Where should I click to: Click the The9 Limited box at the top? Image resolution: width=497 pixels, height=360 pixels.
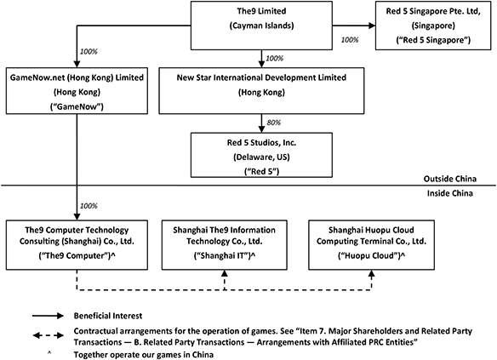pyautogui.click(x=261, y=26)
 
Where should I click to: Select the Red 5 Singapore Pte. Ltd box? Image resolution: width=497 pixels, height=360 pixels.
pyautogui.click(x=433, y=26)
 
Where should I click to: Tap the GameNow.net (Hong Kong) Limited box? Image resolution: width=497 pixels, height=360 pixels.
pyautogui.click(x=77, y=90)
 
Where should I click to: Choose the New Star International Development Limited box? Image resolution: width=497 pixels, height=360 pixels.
pyautogui.click(x=261, y=90)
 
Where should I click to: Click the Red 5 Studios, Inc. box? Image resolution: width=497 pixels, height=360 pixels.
pyautogui.click(x=261, y=155)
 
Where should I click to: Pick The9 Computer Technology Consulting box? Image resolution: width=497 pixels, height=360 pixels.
pyautogui.click(x=77, y=245)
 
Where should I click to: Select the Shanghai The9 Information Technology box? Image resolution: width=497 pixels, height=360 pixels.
pyautogui.click(x=225, y=245)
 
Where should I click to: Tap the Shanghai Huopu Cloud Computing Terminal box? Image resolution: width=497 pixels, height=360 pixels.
pyautogui.click(x=372, y=245)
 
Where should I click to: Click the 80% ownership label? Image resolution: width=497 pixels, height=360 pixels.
pyautogui.click(x=274, y=123)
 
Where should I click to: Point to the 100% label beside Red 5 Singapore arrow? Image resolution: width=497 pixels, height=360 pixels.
pyautogui.click(x=350, y=40)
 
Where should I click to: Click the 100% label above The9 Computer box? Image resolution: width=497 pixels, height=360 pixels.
pyautogui.click(x=89, y=206)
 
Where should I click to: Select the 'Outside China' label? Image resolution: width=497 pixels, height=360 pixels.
pyautogui.click(x=450, y=179)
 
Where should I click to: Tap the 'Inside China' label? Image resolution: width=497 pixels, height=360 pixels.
pyautogui.click(x=450, y=193)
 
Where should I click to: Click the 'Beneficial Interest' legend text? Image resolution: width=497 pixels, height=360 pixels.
pyautogui.click(x=108, y=316)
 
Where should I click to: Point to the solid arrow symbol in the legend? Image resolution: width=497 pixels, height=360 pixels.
pyautogui.click(x=48, y=316)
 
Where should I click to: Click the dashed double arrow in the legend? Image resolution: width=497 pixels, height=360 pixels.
pyautogui.click(x=48, y=335)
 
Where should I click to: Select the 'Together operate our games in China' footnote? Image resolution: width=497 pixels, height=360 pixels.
pyautogui.click(x=144, y=354)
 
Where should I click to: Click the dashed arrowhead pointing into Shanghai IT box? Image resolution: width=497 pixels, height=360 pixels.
pyautogui.click(x=225, y=274)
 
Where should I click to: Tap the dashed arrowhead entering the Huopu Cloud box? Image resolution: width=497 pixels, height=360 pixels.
pyautogui.click(x=372, y=274)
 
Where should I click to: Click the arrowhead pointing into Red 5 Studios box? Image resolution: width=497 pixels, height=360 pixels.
pyautogui.click(x=261, y=129)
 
